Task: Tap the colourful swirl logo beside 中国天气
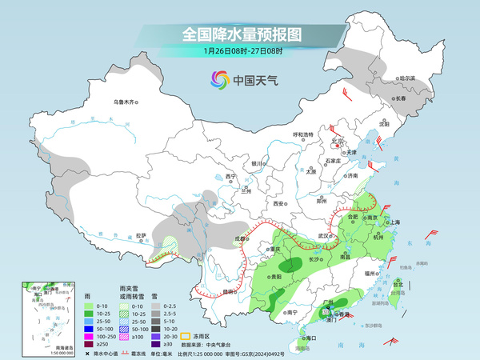219,80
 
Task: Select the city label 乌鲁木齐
126,102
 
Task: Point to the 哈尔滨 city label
407,78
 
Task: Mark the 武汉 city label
323,236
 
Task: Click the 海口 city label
306,338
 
